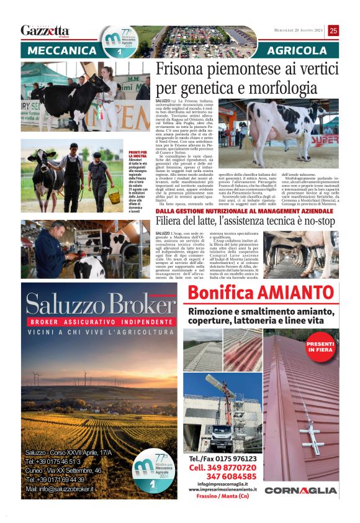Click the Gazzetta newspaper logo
coord(45,30)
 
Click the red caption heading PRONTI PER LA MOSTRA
coord(137,155)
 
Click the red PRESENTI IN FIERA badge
coord(320,346)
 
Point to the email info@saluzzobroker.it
coord(60,489)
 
